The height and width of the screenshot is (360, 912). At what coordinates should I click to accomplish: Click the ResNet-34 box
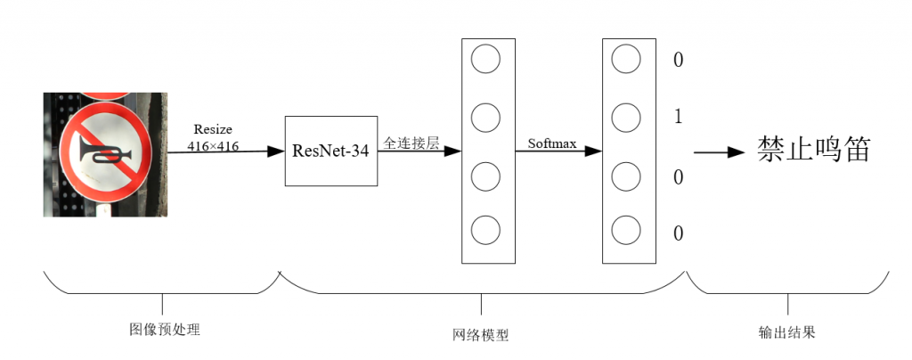(331, 151)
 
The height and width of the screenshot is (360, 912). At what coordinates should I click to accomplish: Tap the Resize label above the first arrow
(213, 130)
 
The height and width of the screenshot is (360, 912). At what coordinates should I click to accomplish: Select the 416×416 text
(213, 146)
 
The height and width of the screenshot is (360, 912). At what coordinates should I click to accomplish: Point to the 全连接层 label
(411, 143)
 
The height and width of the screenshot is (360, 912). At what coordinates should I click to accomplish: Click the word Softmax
(552, 143)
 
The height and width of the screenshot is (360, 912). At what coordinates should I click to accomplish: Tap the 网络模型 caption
(480, 335)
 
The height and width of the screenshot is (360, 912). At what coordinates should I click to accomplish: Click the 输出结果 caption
(787, 332)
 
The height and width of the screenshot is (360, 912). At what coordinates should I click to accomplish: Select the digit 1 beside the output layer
(678, 118)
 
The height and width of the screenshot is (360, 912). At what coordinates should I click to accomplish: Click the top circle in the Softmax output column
(626, 59)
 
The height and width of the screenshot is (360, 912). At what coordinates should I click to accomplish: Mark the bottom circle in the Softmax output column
(626, 230)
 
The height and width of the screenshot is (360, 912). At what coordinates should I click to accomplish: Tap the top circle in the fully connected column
(485, 59)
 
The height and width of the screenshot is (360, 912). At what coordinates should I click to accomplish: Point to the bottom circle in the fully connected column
(485, 230)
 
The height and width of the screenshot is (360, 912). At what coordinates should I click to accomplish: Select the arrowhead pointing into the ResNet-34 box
(275, 151)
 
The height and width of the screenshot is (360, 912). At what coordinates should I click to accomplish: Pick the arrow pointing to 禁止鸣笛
(720, 151)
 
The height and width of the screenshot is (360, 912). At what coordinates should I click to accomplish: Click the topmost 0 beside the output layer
(678, 60)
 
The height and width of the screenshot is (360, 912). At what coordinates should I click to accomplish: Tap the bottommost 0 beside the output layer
(678, 233)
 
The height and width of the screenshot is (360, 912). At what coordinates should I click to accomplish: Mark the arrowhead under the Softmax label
(592, 151)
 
